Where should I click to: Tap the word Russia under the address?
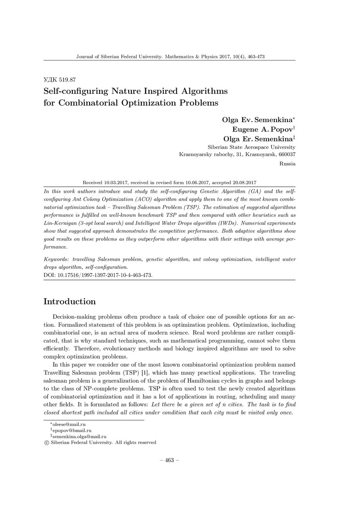(x=287, y=164)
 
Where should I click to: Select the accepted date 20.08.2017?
(x=242, y=182)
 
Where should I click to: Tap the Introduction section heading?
(x=70, y=302)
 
